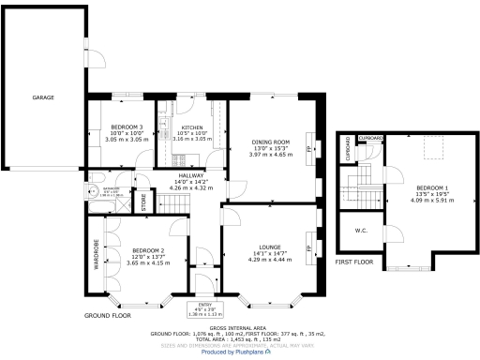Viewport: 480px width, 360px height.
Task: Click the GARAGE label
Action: (x=43, y=97)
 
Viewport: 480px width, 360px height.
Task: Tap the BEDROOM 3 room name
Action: (x=127, y=127)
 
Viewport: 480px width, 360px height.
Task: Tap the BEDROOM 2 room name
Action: (x=148, y=250)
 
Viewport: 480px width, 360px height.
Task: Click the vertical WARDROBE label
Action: (x=97, y=254)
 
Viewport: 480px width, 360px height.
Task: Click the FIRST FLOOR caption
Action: (x=354, y=262)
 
